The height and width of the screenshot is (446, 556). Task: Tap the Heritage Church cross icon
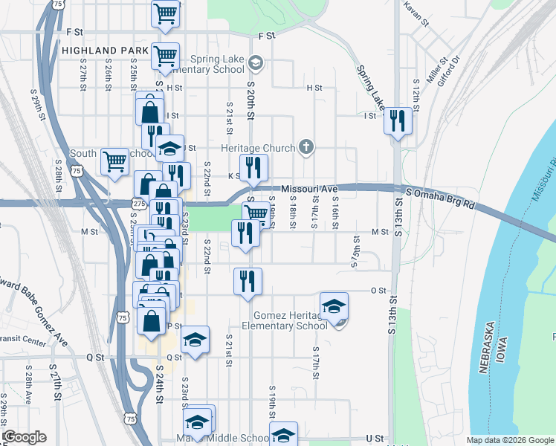click(306, 148)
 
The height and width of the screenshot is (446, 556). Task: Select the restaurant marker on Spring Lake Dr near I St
click(398, 121)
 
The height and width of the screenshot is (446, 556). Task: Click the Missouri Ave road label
click(309, 189)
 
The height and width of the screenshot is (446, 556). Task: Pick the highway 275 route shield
click(139, 202)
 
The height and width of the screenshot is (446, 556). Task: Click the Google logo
click(24, 437)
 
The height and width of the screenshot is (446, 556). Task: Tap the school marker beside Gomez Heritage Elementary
click(334, 306)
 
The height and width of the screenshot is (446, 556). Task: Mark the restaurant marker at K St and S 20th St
click(253, 167)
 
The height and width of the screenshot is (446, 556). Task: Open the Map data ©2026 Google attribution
click(511, 440)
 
